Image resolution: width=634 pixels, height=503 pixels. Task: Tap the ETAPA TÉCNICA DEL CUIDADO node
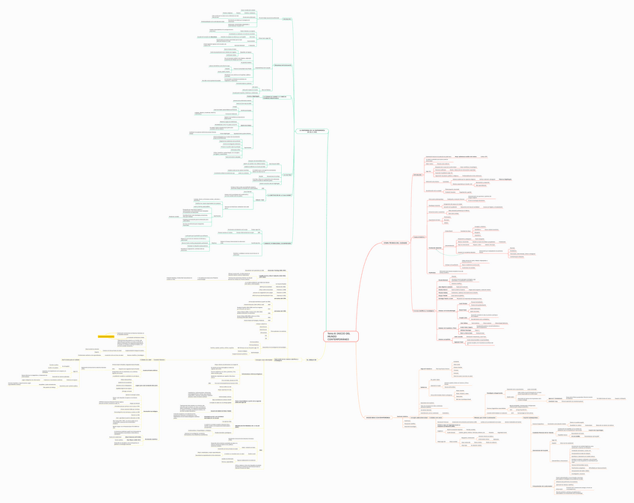pyautogui.click(x=396, y=243)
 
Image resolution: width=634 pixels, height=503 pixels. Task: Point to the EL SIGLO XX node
pyautogui.click(x=311, y=359)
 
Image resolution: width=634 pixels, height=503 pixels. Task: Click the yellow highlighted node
pyautogui.click(x=105, y=336)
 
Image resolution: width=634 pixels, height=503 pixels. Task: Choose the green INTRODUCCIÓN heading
pyautogui.click(x=287, y=19)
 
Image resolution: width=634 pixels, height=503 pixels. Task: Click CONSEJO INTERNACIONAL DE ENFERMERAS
pyautogui.click(x=277, y=243)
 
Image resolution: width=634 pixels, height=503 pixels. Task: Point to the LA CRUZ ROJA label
pyautogui.click(x=287, y=175)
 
